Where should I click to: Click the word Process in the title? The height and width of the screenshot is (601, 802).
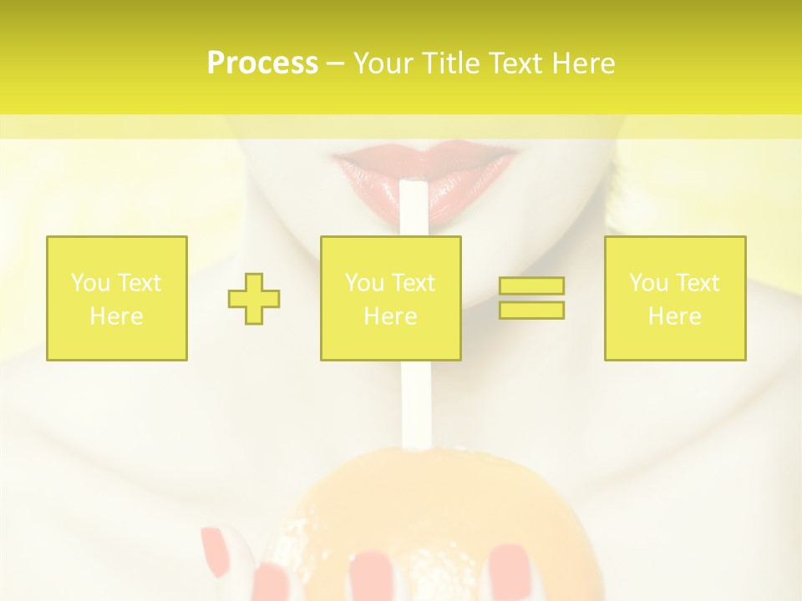coord(262,63)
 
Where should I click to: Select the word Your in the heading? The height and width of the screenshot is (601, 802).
coord(385,63)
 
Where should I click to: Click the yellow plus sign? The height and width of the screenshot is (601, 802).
coord(254,298)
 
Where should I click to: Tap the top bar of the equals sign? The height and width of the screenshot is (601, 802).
coord(531,286)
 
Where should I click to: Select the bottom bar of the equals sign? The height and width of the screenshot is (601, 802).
coord(531,310)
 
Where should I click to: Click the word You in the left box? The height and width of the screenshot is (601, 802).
coord(90,283)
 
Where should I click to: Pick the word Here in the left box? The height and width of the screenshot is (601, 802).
coord(116,316)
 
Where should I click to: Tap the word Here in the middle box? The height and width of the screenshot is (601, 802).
coord(390,316)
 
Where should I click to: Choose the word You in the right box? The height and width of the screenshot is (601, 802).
coord(648,283)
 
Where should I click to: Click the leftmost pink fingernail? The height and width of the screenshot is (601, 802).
coord(215,551)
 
